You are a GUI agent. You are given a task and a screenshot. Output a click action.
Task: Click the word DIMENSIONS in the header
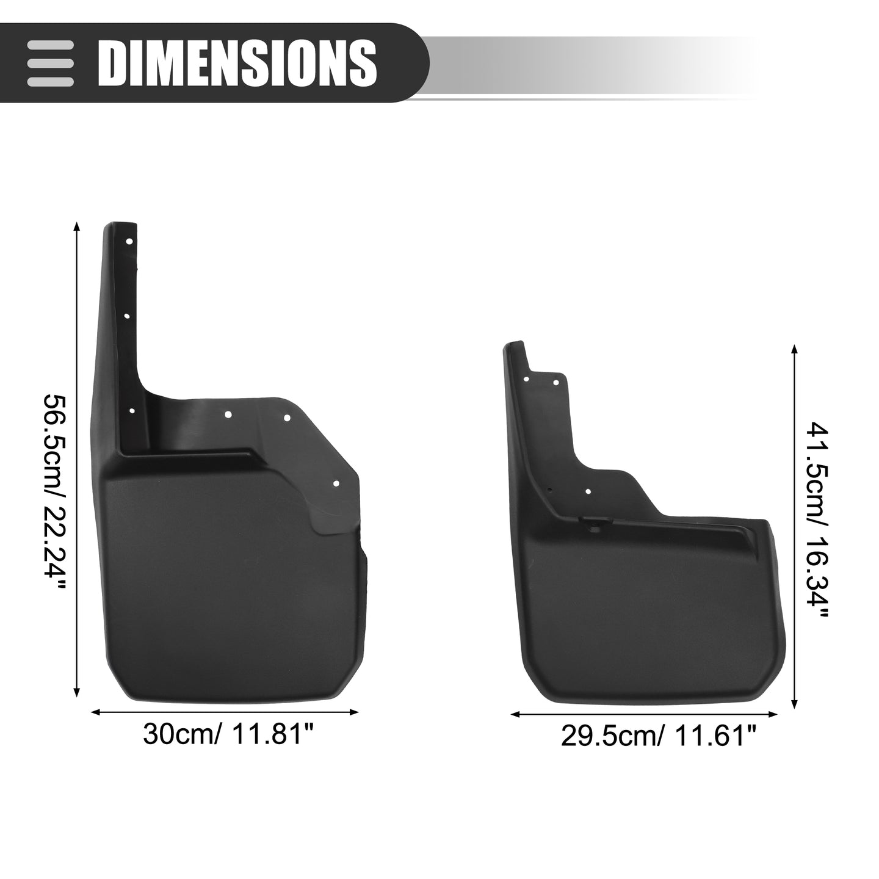pos(237,62)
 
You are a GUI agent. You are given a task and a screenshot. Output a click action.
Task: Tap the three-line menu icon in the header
pos(50,63)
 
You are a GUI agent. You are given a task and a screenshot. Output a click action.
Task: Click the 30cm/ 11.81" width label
pos(229,734)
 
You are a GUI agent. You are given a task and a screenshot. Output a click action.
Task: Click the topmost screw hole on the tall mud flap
pos(129,241)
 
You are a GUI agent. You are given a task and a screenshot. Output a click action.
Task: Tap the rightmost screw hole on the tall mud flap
pos(336,484)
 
